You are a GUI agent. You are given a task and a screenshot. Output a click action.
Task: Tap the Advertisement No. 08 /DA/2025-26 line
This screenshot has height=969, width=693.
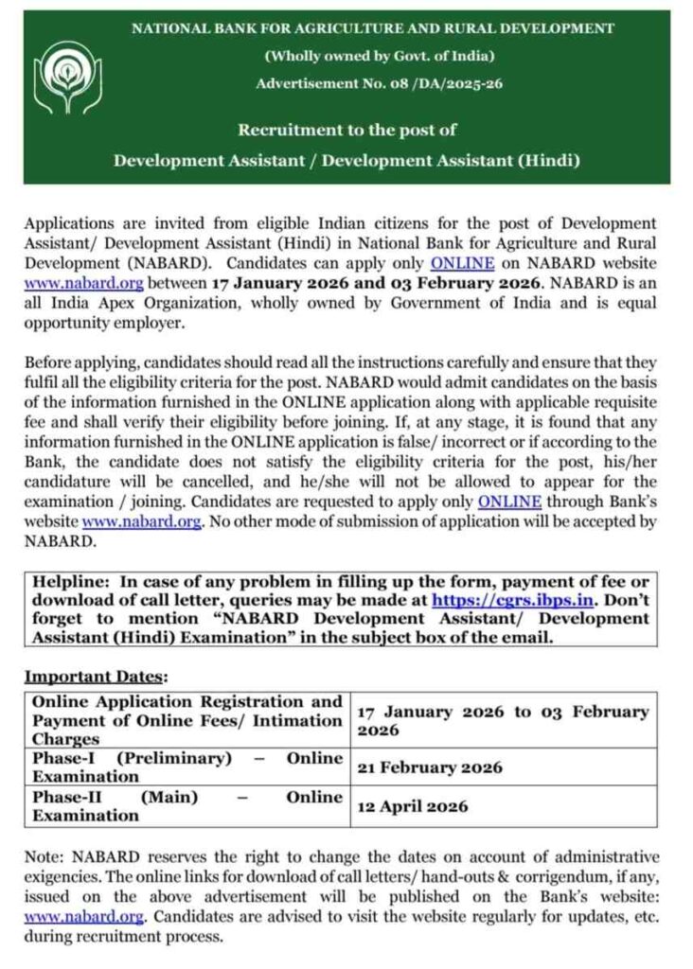[379, 84]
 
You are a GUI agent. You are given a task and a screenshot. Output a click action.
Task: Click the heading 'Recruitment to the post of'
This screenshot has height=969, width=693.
[346, 130]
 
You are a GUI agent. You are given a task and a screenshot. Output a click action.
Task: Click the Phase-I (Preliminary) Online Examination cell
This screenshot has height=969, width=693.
[187, 767]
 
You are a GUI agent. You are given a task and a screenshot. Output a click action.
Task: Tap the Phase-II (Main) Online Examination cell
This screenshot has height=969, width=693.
[187, 806]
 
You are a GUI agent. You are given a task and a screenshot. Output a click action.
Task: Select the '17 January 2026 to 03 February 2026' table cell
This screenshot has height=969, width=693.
[502, 721]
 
